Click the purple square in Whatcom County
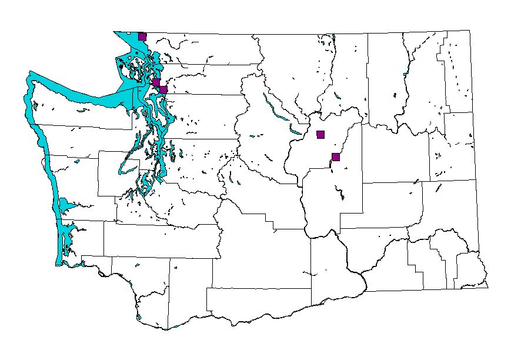142,36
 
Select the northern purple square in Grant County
320,134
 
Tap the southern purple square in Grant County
336,156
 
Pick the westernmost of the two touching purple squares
156,82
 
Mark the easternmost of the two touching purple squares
163,90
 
